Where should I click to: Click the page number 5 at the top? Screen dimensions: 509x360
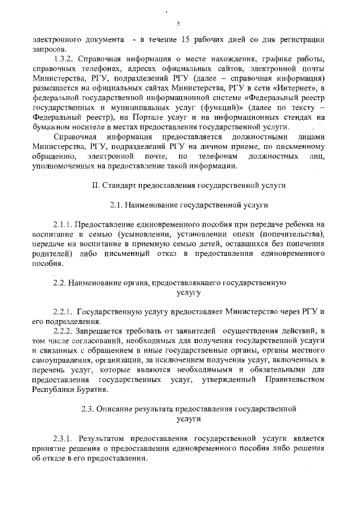tap(178, 24)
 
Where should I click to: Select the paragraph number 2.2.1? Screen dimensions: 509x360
tap(63, 312)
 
